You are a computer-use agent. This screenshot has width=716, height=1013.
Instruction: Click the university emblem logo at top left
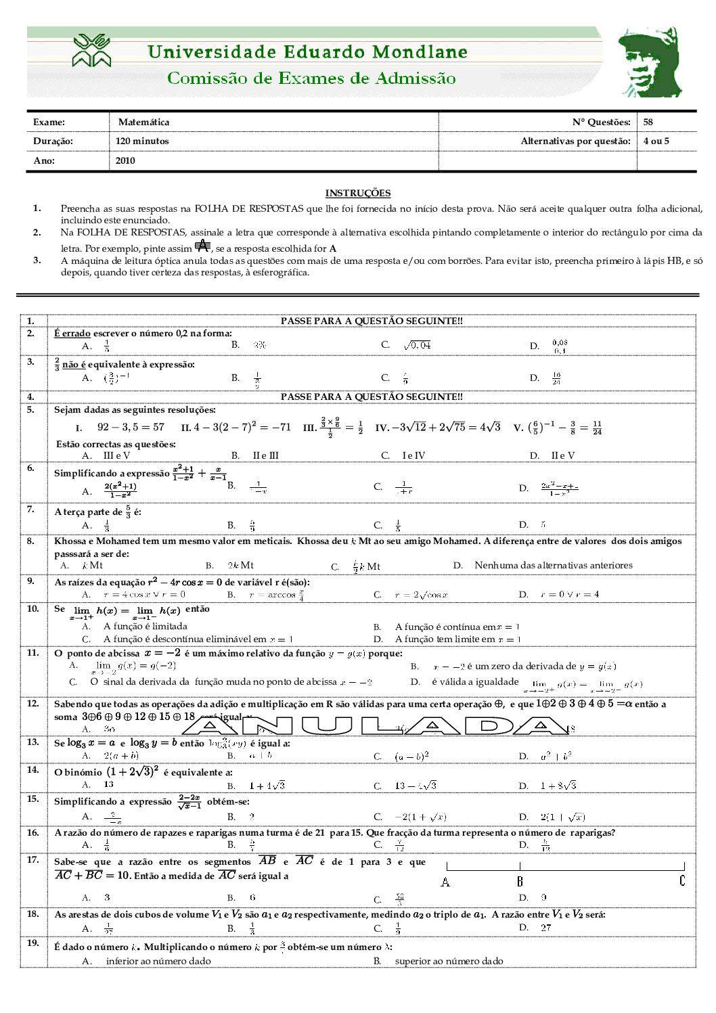click(x=91, y=51)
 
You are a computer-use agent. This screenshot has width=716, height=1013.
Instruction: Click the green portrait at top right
click(x=649, y=62)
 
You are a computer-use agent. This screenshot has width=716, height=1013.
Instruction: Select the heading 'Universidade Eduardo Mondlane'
click(x=307, y=52)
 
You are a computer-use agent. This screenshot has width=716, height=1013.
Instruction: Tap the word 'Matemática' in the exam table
click(x=143, y=122)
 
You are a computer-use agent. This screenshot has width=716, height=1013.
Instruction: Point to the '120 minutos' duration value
click(x=142, y=141)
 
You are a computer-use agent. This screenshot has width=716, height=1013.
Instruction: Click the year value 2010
click(x=125, y=161)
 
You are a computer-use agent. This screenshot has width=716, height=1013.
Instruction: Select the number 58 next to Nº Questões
click(x=648, y=122)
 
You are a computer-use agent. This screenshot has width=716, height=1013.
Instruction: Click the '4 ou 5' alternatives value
click(x=656, y=141)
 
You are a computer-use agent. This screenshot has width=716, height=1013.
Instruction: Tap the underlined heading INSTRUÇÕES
click(x=358, y=194)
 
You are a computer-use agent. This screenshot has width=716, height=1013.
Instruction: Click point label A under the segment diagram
click(x=445, y=882)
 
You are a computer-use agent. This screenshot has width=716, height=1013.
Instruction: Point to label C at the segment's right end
click(x=682, y=881)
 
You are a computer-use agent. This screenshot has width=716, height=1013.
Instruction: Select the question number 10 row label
click(x=33, y=609)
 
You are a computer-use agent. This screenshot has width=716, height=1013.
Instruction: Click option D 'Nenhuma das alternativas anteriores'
click(x=553, y=566)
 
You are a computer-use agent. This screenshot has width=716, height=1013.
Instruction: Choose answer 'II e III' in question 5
click(x=265, y=455)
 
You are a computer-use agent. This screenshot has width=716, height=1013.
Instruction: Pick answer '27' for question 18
click(x=545, y=928)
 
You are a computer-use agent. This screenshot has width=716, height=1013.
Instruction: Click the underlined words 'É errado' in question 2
click(x=72, y=334)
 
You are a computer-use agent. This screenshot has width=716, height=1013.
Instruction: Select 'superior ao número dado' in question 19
click(x=449, y=961)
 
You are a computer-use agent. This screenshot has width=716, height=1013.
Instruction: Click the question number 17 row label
click(x=33, y=860)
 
